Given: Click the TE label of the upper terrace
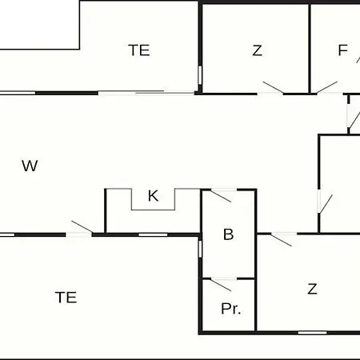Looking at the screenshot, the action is point(139,50).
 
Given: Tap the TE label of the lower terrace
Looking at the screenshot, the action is point(66,298).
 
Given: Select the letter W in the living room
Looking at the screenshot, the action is point(30,166).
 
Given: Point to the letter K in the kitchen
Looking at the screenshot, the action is point(153,196).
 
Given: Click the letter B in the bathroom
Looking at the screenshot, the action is point(229,234).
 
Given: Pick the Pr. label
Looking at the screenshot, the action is point(231,309).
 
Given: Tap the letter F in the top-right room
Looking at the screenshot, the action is point(343,50).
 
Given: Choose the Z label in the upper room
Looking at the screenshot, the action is point(257,50).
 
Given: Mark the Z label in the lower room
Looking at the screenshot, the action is point(312,289).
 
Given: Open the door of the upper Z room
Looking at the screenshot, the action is point(273,87).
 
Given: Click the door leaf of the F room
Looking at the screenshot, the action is point(327,87).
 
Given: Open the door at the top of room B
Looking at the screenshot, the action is point(221,196).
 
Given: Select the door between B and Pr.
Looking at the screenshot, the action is point(221,285).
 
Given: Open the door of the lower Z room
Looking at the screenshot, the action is point(282,240).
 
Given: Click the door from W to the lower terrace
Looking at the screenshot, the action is point(82,226).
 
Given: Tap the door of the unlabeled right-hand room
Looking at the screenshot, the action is point(326,204).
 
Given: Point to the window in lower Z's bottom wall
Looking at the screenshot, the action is point(312,333).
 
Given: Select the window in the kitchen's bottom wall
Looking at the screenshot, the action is point(153,234).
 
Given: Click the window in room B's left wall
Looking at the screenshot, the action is point(200,249).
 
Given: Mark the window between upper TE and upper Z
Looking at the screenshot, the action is point(200,75).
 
